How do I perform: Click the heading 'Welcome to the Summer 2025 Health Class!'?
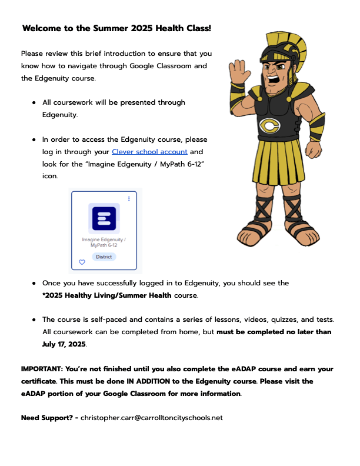pos(116,28)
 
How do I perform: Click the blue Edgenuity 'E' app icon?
pos(104,218)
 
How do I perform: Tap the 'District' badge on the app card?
pos(104,257)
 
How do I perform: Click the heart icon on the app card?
pos(82,262)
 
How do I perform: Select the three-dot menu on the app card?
pos(129,199)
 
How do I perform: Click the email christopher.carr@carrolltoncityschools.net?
pos(152,418)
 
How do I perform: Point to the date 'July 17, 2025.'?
pos(64,344)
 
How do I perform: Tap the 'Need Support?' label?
pos(46,418)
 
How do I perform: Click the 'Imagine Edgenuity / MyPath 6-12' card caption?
pos(104,242)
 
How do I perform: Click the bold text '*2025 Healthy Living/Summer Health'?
pos(107,295)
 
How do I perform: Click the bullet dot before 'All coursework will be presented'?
pos(35,102)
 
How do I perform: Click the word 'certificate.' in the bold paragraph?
pos(43,381)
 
